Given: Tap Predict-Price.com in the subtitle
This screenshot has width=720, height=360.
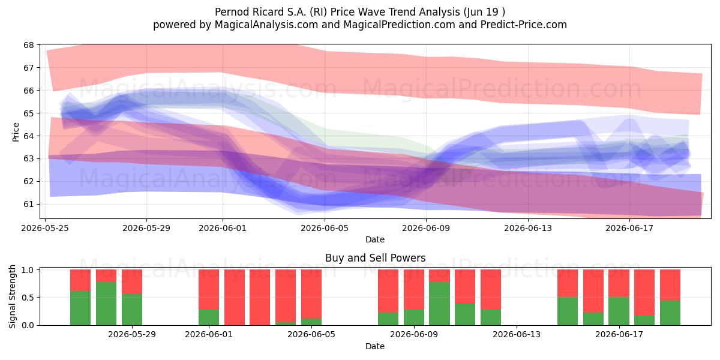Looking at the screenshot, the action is click(x=524, y=25).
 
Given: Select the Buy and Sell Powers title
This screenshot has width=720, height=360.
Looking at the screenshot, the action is click(x=375, y=258).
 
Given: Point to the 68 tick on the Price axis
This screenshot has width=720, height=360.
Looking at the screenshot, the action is click(x=29, y=45).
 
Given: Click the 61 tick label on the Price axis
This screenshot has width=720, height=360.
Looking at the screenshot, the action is click(x=29, y=204).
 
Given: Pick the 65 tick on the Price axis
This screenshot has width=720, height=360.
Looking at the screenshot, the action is click(x=29, y=113).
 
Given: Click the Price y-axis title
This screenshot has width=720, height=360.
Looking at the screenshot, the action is click(x=16, y=132).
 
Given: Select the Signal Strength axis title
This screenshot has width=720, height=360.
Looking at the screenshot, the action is click(x=12, y=296).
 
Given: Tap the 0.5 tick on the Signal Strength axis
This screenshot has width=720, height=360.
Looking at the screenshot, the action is click(x=28, y=298).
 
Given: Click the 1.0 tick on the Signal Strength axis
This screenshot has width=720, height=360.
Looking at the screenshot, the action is click(x=28, y=269).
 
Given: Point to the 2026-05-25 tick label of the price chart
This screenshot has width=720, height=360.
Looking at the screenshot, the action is click(x=45, y=228).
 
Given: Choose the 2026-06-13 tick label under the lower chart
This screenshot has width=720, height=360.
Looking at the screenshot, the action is click(x=517, y=335).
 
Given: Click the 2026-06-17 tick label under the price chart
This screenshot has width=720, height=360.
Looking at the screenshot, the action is click(x=629, y=228).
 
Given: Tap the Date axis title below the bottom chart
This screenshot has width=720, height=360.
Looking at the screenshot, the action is click(x=375, y=346).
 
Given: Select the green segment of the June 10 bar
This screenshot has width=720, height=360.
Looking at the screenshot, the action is click(x=439, y=304).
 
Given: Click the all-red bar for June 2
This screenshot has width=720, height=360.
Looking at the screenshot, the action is click(x=235, y=298).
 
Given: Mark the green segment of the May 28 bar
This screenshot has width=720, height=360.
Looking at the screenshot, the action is click(x=106, y=304).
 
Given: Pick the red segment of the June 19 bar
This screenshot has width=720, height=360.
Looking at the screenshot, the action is click(x=670, y=285).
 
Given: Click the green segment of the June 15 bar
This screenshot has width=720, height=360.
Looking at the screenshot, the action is click(x=568, y=311).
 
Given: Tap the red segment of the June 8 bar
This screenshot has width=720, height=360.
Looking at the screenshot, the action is click(x=388, y=291).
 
